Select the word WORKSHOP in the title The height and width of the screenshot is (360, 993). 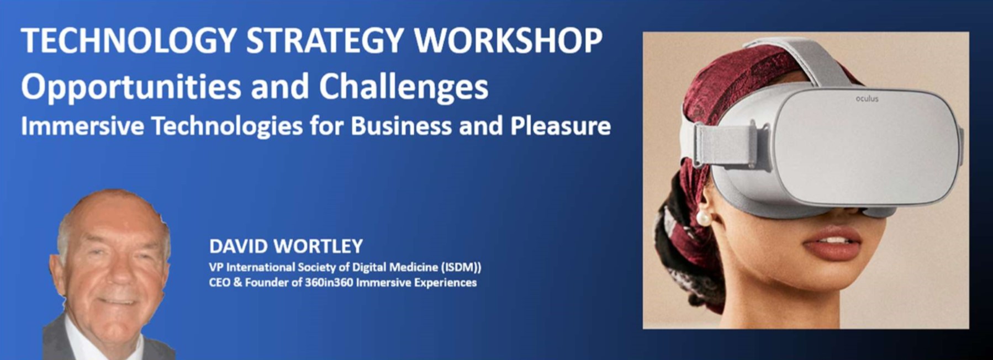click(509, 40)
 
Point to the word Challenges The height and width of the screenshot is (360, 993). click(404, 87)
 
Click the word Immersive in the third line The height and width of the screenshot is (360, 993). click(83, 126)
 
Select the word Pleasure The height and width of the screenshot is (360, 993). click(561, 126)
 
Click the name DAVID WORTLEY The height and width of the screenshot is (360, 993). click(286, 246)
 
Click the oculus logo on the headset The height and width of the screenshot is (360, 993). click(867, 99)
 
